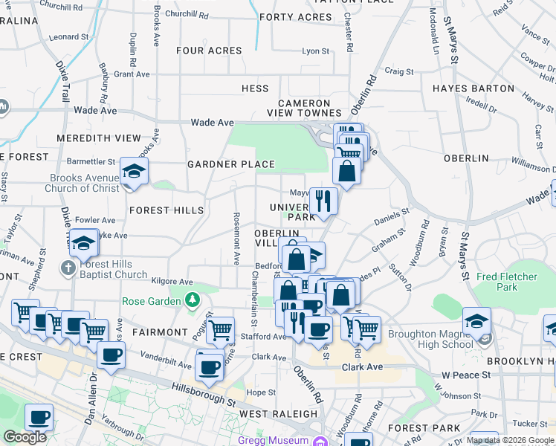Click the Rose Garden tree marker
(193, 301)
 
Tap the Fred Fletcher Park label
(507, 282)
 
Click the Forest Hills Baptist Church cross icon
(68, 268)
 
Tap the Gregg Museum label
(274, 440)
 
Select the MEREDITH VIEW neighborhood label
(98, 138)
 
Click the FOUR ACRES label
(209, 51)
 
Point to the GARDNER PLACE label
(231, 164)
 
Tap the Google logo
(25, 437)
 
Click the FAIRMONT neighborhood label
(160, 332)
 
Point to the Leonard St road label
(70, 36)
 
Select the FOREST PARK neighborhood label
(418, 428)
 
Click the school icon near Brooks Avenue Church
(135, 172)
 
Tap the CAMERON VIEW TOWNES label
(304, 109)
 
